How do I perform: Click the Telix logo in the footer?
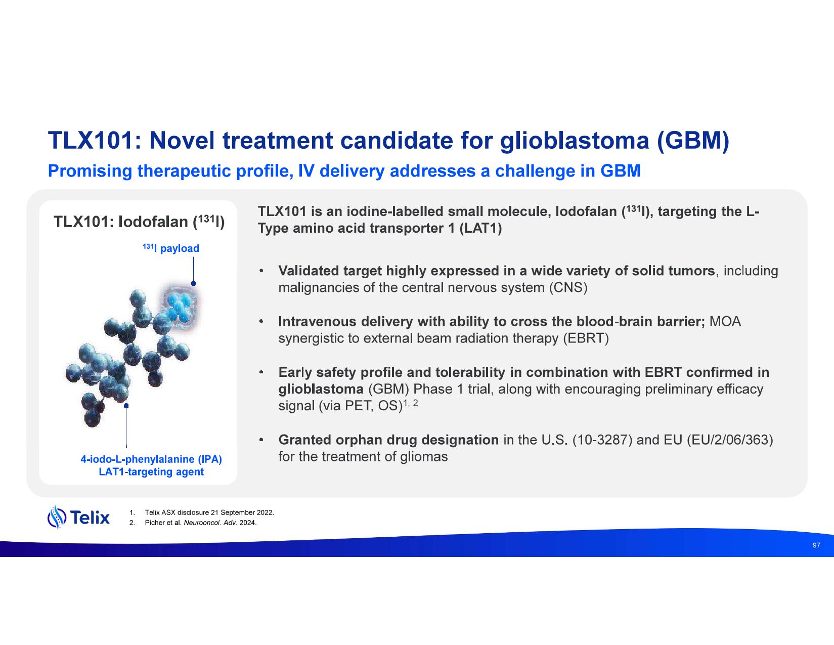78,517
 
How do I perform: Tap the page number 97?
816,545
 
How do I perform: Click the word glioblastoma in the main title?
574,141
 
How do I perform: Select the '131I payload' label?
171,248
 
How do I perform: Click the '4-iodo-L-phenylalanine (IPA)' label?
151,459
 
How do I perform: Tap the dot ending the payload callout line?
193,283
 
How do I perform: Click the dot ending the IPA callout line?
126,406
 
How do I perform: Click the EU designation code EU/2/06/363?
730,440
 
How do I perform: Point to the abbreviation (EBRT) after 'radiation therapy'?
586,338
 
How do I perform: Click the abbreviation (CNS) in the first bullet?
568,288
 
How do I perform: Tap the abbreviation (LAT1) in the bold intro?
480,228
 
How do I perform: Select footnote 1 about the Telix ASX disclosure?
201,512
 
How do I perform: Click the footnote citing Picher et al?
193,523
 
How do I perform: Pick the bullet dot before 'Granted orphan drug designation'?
261,440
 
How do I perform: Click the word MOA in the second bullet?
725,322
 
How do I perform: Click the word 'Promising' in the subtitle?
90,171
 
